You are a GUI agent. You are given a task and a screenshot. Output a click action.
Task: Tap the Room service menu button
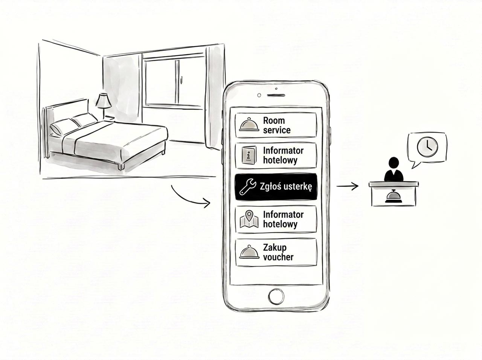click(x=276, y=125)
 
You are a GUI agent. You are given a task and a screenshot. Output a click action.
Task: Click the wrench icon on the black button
click(x=247, y=186)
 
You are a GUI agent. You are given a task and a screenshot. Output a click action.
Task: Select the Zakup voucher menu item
click(x=276, y=252)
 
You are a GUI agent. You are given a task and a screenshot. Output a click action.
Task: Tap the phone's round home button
click(x=276, y=296)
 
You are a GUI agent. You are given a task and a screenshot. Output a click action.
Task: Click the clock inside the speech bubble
click(x=427, y=147)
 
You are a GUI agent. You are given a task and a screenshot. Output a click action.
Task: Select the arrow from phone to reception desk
click(x=348, y=186)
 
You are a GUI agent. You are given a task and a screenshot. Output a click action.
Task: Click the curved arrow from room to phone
click(x=188, y=199)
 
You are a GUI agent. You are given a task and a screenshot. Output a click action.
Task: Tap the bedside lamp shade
click(x=104, y=100)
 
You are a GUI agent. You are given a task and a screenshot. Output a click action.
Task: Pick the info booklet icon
click(x=249, y=155)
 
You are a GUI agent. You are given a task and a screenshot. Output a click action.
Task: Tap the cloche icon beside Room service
click(x=249, y=125)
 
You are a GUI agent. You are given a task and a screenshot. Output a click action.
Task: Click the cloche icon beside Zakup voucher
click(x=249, y=252)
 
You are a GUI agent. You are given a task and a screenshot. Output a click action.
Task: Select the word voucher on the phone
click(x=278, y=257)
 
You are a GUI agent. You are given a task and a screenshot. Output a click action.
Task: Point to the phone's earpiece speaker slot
click(x=276, y=95)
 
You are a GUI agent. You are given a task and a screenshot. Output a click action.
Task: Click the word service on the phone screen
click(x=277, y=130)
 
